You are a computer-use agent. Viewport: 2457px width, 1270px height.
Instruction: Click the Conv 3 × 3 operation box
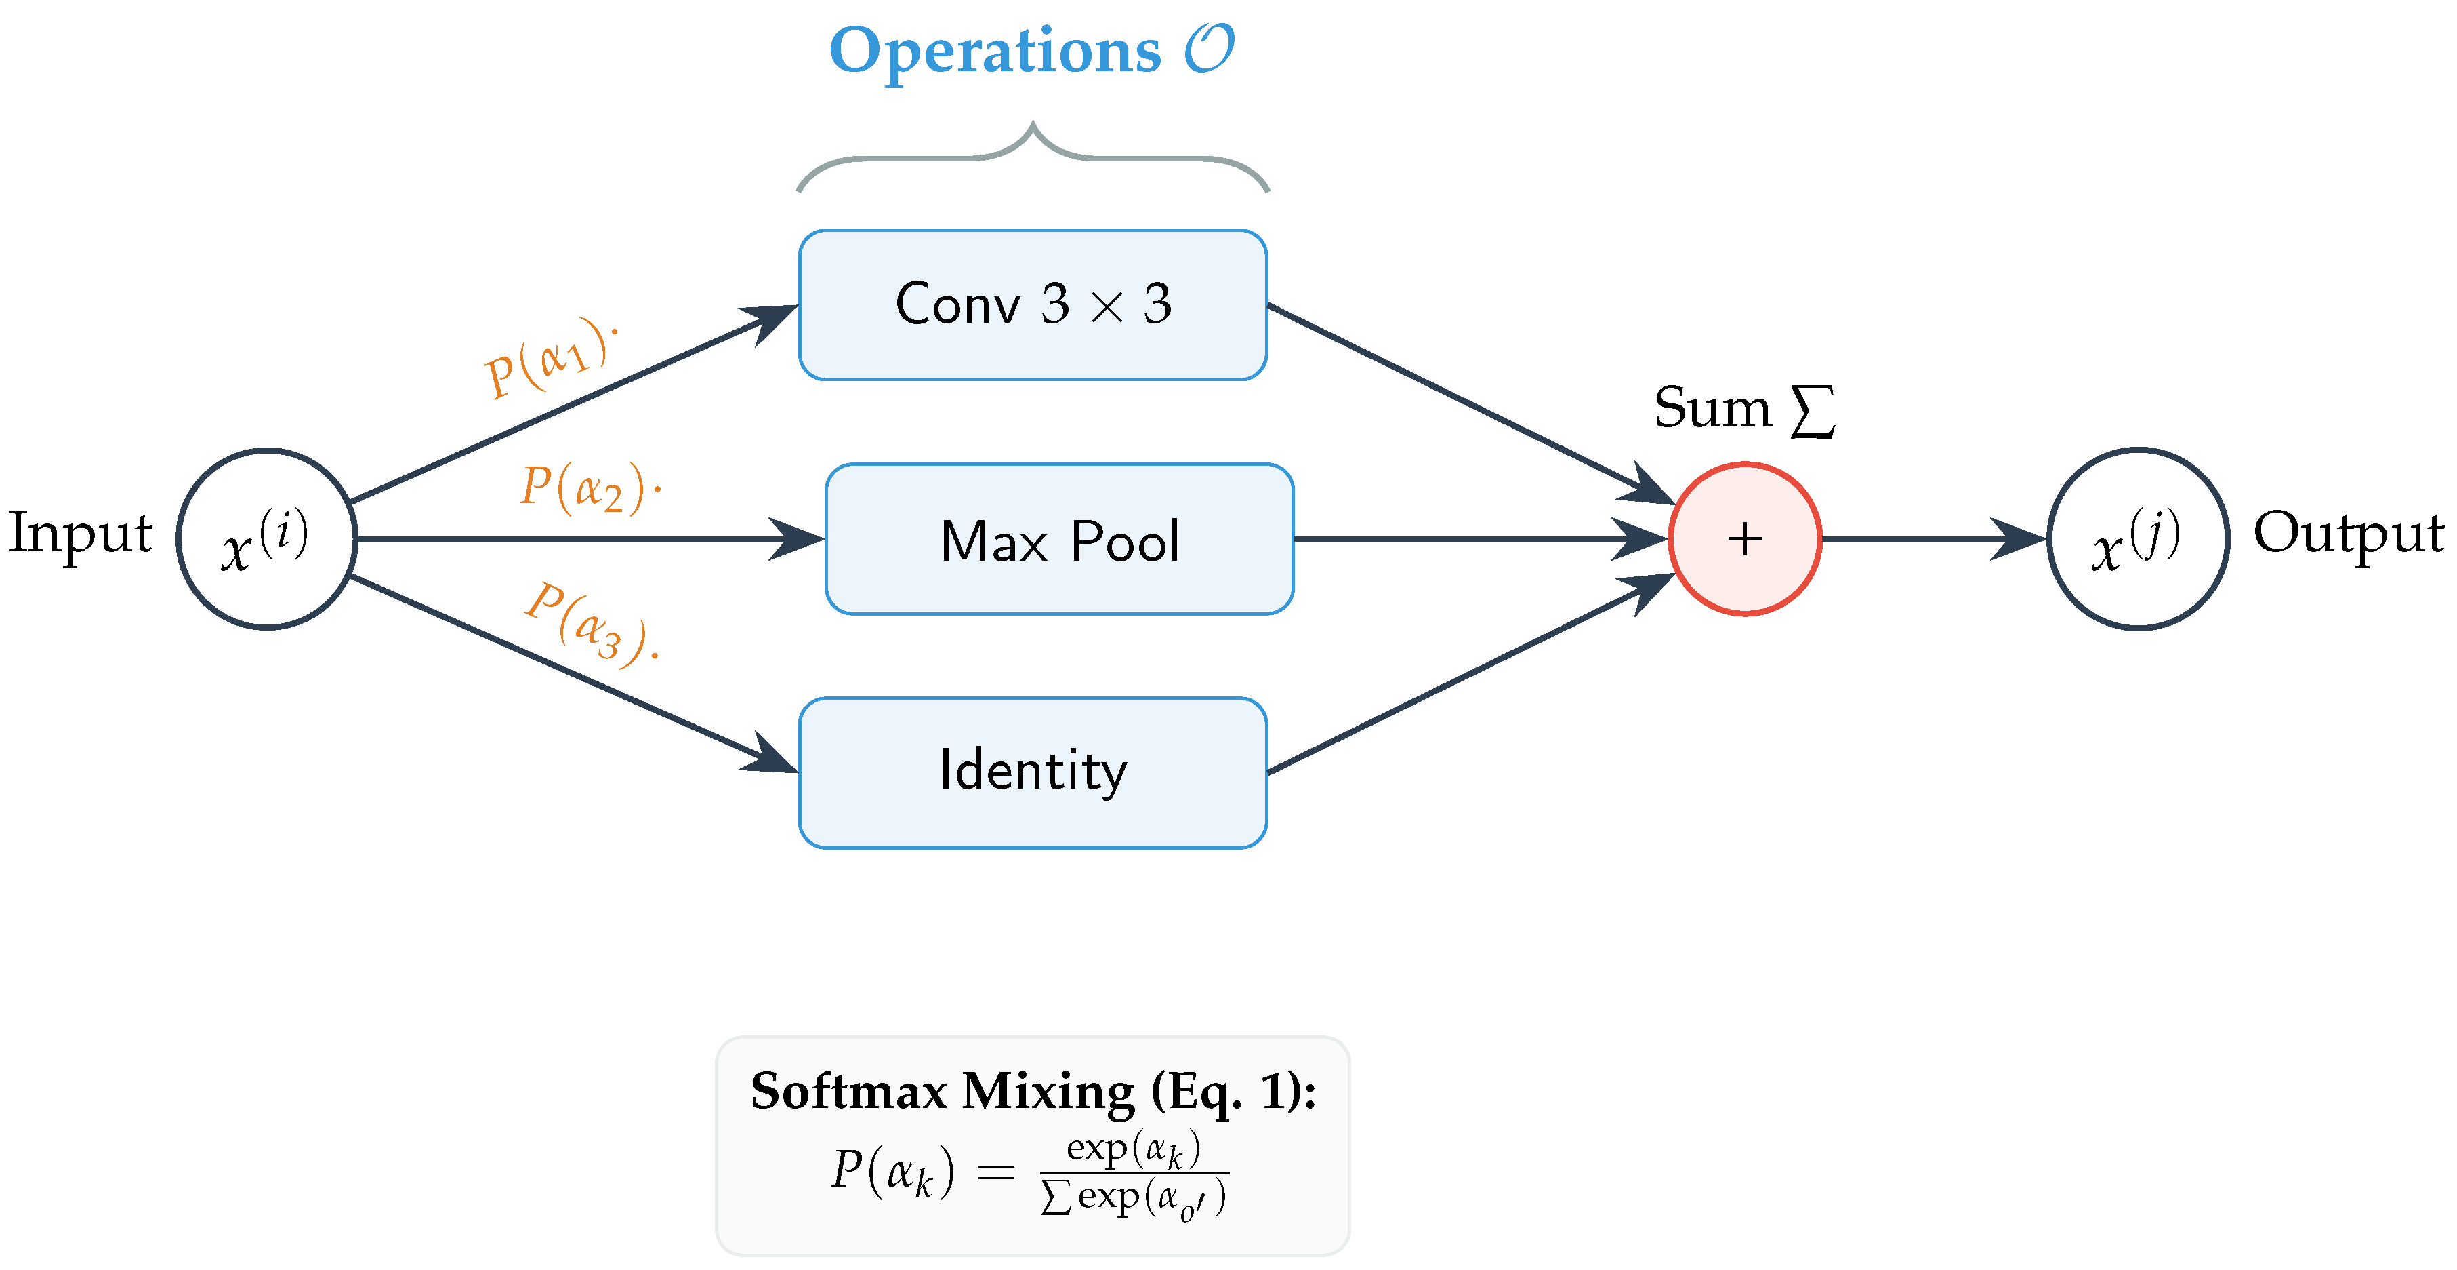click(1033, 304)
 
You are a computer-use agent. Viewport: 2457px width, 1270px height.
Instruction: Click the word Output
click(2349, 534)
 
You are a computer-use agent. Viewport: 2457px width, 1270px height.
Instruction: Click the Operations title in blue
click(1032, 51)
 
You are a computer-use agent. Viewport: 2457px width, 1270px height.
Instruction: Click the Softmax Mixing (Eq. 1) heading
click(1033, 1090)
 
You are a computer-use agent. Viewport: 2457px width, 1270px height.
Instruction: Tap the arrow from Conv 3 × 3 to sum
click(1472, 405)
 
